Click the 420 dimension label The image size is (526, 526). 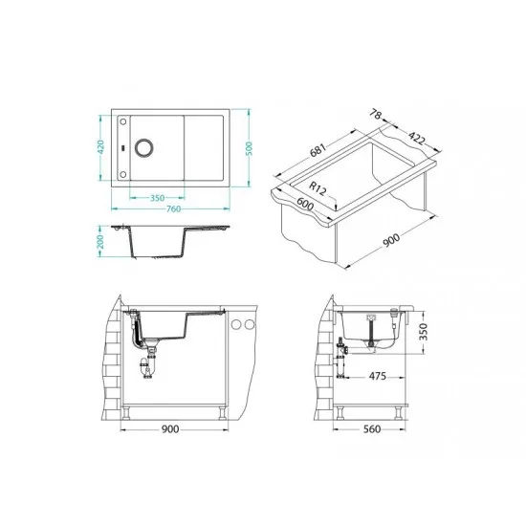click(x=100, y=147)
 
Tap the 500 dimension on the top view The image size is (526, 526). click(x=249, y=148)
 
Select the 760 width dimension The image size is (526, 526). click(x=173, y=209)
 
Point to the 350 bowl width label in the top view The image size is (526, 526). click(x=158, y=198)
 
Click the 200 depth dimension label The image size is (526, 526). click(x=100, y=242)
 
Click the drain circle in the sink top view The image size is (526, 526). click(x=144, y=147)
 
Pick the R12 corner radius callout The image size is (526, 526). click(x=318, y=188)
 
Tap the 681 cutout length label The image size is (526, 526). click(x=318, y=150)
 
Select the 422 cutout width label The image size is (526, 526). click(x=417, y=138)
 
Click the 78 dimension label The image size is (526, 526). click(x=376, y=115)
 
